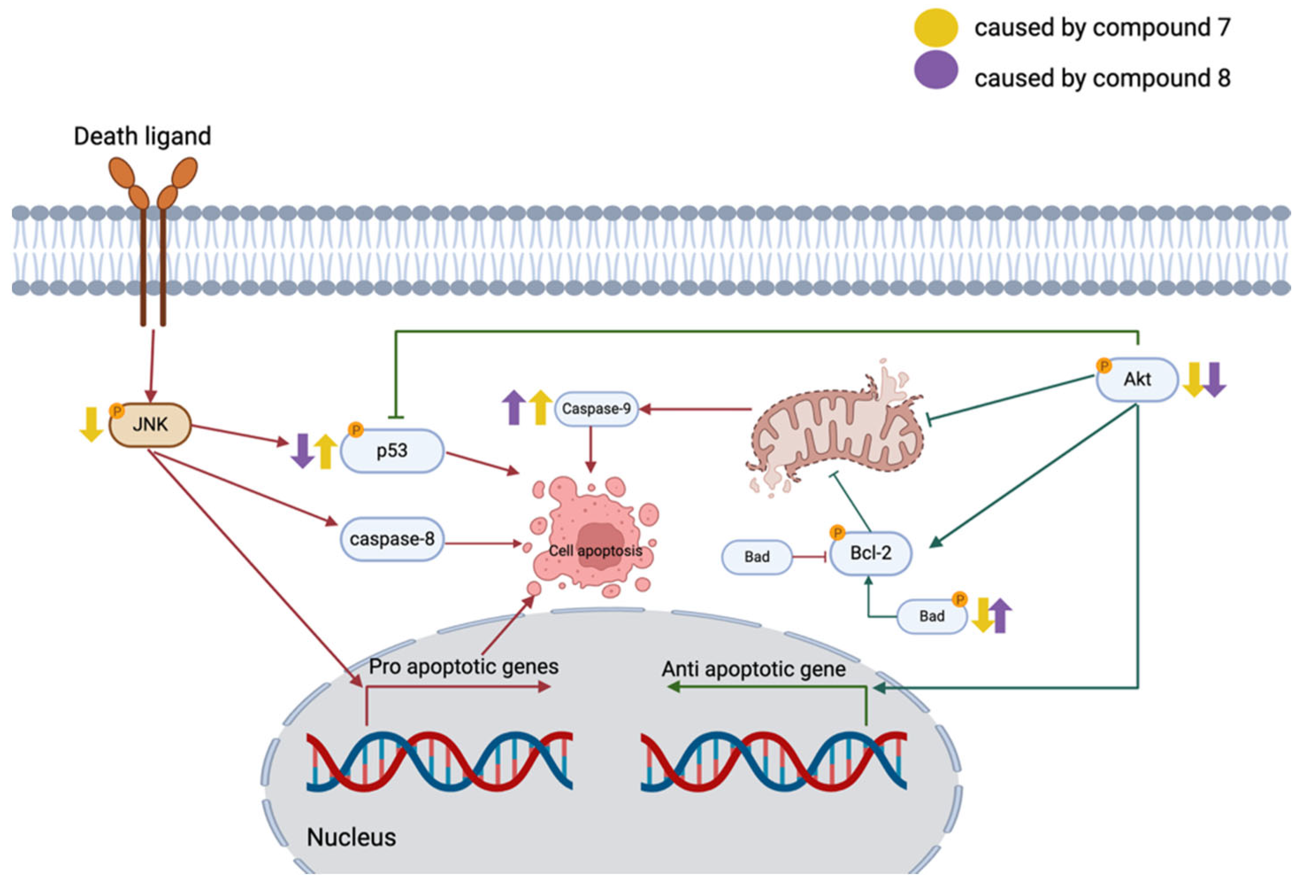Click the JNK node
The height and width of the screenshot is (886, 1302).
pyautogui.click(x=150, y=425)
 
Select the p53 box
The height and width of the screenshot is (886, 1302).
pyautogui.click(x=392, y=451)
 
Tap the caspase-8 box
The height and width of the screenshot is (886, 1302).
pyautogui.click(x=392, y=539)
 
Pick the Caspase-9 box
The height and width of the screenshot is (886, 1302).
pyautogui.click(x=596, y=409)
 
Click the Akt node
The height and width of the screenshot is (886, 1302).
pyautogui.click(x=1137, y=380)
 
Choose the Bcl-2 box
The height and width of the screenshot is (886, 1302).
pyautogui.click(x=871, y=553)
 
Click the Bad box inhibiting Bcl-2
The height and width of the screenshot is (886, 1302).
pyautogui.click(x=757, y=556)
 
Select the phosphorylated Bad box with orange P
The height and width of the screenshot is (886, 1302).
pyautogui.click(x=932, y=616)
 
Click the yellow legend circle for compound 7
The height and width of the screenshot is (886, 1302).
pyautogui.click(x=936, y=27)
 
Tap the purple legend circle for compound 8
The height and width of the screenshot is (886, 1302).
pyautogui.click(x=936, y=70)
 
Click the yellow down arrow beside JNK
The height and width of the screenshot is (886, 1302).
pyautogui.click(x=91, y=424)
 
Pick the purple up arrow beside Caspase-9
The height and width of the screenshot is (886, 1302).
pyautogui.click(x=514, y=407)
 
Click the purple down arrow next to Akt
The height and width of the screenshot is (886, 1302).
pyautogui.click(x=1214, y=380)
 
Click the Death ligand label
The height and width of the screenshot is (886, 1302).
pyautogui.click(x=142, y=136)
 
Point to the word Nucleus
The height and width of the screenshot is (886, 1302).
pyautogui.click(x=351, y=837)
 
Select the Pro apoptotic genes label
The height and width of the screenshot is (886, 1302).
pyautogui.click(x=463, y=666)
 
